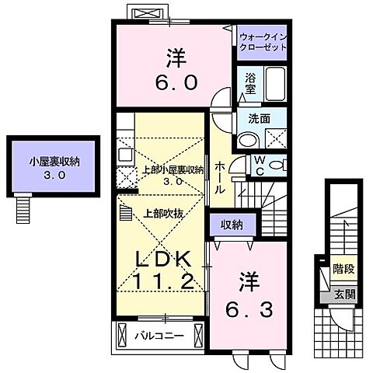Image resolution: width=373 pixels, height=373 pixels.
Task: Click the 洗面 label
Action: [x=259, y=119]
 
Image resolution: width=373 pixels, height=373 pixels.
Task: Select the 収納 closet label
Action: [x=232, y=225]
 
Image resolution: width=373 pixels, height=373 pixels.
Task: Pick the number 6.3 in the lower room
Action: [x=243, y=311]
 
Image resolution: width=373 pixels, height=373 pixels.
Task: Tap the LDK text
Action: [x=165, y=259]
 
